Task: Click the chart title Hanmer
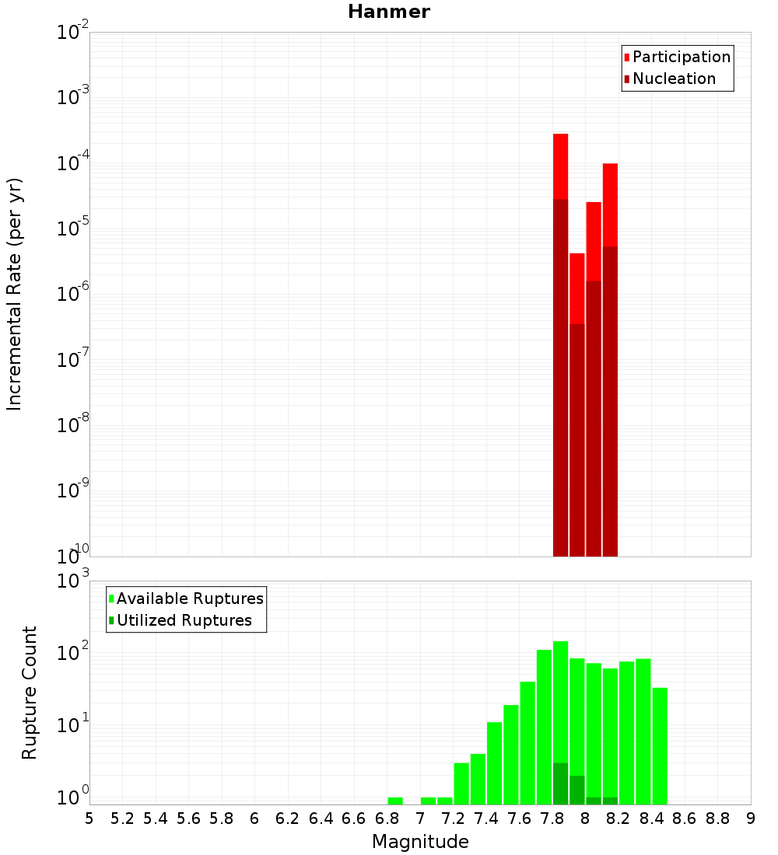[388, 12]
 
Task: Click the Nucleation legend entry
[673, 79]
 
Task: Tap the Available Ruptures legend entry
[189, 598]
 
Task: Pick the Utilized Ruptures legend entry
[184, 620]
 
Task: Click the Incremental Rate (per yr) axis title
[15, 295]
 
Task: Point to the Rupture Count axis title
[30, 693]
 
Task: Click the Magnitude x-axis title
[420, 842]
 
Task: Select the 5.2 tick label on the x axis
[122, 818]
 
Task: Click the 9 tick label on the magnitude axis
[751, 818]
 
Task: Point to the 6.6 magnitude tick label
[353, 818]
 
